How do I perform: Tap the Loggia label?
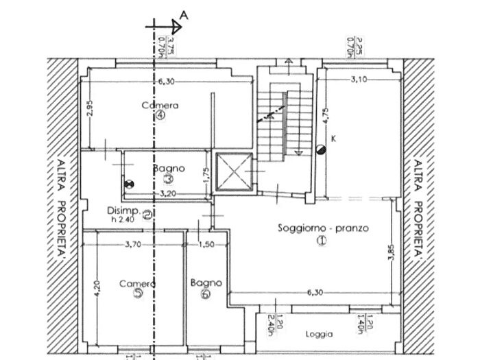coord(320,335)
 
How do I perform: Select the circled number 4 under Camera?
coord(160,115)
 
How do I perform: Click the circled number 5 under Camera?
coord(139,293)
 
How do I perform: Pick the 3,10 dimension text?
coord(358,80)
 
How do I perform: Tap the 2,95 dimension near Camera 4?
coord(90,110)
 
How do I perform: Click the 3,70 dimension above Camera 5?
coord(134,244)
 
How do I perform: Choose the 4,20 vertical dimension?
coord(96,287)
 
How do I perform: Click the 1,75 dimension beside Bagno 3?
coord(205,176)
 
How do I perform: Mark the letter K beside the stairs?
coord(333,139)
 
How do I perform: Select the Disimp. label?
coord(123,211)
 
